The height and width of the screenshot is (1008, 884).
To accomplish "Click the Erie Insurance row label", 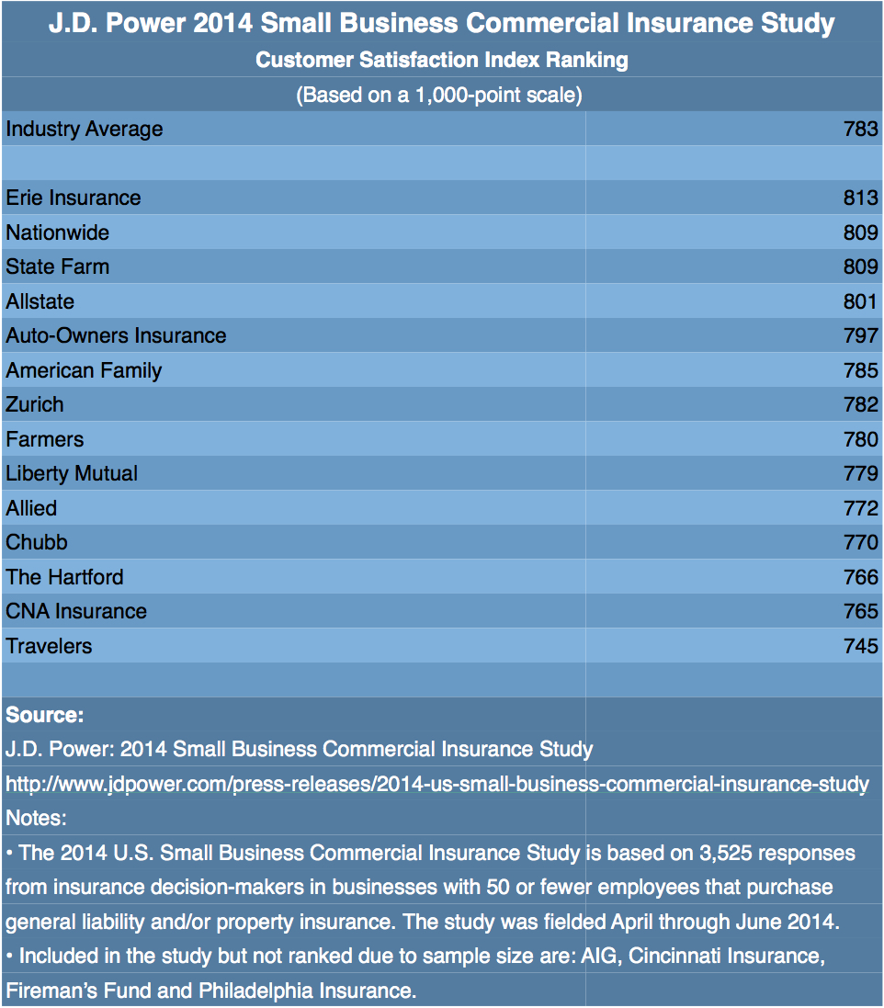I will click(74, 198).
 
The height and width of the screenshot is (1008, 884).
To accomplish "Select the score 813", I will click(861, 198).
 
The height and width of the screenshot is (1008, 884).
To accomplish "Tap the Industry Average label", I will click(85, 129).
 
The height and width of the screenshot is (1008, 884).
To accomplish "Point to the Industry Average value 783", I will click(861, 129).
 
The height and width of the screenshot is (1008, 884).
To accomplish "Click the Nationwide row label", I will click(57, 232).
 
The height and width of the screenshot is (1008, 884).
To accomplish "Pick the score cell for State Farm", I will click(861, 266).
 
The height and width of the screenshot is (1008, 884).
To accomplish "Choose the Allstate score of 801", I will click(861, 301).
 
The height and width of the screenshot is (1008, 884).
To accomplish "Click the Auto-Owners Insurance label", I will click(116, 335).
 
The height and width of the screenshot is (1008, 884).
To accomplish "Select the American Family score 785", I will click(861, 370).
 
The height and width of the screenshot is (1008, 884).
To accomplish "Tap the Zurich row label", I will click(35, 404).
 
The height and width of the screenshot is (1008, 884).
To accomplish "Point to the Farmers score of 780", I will click(861, 439).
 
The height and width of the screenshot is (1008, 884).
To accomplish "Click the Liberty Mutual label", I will click(72, 473).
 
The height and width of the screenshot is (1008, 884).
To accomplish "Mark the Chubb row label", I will click(37, 542).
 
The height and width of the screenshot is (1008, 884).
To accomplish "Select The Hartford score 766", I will click(861, 577).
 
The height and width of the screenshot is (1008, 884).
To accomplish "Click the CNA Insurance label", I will click(76, 611).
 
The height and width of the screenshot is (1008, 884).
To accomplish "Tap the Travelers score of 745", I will click(861, 646).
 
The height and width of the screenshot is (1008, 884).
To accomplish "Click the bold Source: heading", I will click(45, 715).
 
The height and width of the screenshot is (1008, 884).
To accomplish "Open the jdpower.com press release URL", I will click(437, 784).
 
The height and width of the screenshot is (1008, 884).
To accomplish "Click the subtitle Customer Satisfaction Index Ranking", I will click(442, 61).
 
